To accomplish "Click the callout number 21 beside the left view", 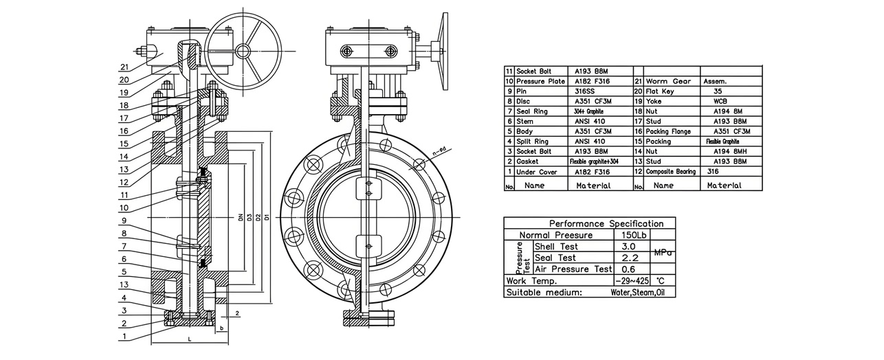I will point(124,67).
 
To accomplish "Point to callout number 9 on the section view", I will point(124,221).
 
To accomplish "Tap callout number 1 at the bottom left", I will point(124,337).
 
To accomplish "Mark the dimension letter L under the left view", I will point(189,340).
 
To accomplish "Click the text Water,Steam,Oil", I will point(642,292).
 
